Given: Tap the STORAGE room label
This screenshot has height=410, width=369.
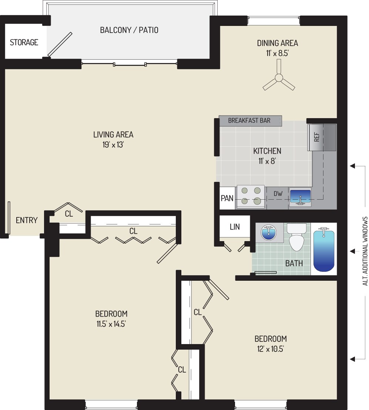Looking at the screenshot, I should click(24, 42).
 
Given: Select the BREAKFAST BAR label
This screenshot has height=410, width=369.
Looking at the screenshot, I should click(249, 120).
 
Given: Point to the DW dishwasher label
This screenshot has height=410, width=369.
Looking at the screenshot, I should click(278, 193).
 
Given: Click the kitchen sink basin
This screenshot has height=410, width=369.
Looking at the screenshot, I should click(300, 196).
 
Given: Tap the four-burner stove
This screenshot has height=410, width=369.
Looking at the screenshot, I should click(251, 196).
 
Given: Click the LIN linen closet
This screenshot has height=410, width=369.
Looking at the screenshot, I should click(235, 227).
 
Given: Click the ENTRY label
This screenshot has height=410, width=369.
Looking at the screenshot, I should click(27, 220).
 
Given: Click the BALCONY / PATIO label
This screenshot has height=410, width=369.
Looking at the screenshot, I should click(129, 30).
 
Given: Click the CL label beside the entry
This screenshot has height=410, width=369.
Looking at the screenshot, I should click(68, 214).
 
